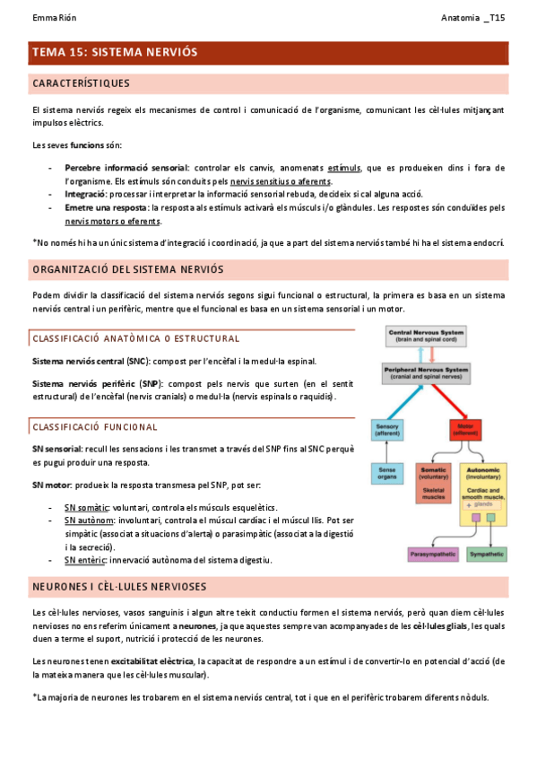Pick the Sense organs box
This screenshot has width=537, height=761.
(x=388, y=473)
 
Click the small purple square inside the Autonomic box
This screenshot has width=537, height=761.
(x=471, y=505)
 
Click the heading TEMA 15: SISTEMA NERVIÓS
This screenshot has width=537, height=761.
(x=115, y=53)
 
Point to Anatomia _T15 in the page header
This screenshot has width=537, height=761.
(x=473, y=18)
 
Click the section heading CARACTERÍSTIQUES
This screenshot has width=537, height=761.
(x=81, y=83)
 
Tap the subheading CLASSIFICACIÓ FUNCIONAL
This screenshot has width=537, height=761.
(x=95, y=427)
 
